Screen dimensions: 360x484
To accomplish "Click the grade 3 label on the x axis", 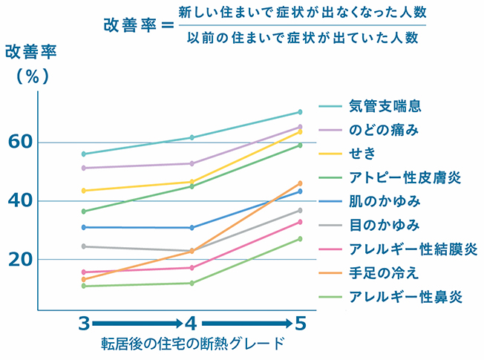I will [85, 324].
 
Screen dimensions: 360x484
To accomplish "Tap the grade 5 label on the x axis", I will [300, 324].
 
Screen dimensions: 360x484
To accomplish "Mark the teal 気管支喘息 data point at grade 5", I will [300, 112].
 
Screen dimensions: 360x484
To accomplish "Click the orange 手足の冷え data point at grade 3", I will [85, 279].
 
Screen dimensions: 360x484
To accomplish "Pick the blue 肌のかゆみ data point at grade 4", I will [192, 227].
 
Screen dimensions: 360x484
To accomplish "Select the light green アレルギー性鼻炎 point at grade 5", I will [300, 238].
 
